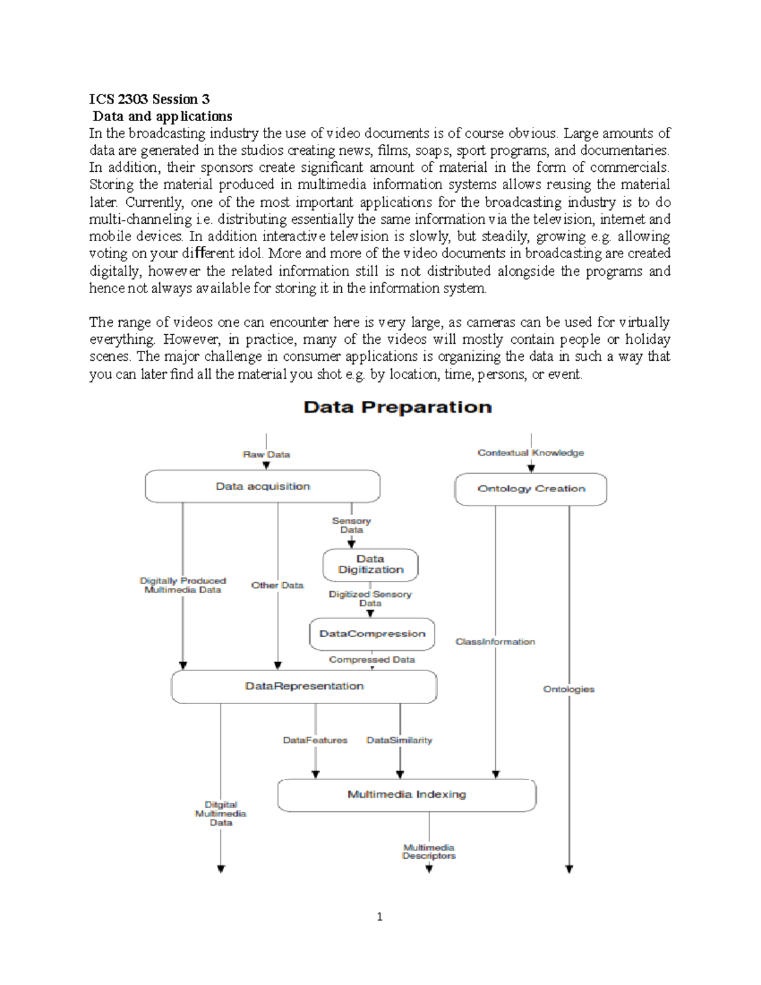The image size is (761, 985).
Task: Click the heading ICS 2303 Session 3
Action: pyautogui.click(x=149, y=99)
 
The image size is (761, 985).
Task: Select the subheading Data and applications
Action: pyautogui.click(x=162, y=116)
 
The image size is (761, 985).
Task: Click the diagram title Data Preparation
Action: pyautogui.click(x=398, y=407)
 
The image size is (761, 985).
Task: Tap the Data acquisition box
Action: pyautogui.click(x=263, y=486)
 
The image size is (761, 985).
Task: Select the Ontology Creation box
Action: pyautogui.click(x=531, y=489)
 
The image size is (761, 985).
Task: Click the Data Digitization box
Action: pyautogui.click(x=370, y=564)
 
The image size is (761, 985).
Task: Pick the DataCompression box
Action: pyautogui.click(x=372, y=634)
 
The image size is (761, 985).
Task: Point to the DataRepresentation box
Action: pyautogui.click(x=304, y=686)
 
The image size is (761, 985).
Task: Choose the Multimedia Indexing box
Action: pyautogui.click(x=407, y=795)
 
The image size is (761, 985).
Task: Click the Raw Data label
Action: pyautogui.click(x=266, y=455)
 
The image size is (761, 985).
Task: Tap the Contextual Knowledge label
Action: pyautogui.click(x=531, y=453)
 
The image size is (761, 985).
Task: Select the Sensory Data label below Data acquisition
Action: pyautogui.click(x=351, y=525)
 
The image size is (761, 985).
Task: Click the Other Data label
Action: pyautogui.click(x=277, y=585)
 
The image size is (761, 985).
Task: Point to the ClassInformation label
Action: pyautogui.click(x=495, y=642)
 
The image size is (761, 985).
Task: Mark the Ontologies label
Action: pyautogui.click(x=569, y=689)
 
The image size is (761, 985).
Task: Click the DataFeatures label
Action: pyautogui.click(x=315, y=740)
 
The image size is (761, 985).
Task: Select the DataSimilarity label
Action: pyautogui.click(x=400, y=740)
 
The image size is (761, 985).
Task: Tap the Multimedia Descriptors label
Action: pyautogui.click(x=429, y=852)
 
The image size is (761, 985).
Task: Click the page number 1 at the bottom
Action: pyautogui.click(x=379, y=917)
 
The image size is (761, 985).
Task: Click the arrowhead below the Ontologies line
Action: pyautogui.click(x=569, y=870)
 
